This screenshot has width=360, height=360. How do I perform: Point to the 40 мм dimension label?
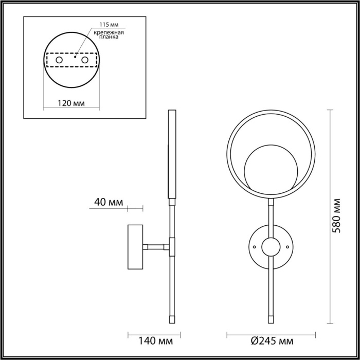pos(109,202)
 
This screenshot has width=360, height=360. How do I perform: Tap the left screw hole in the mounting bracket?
pos(60,61)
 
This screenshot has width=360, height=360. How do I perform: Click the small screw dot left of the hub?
pos(254,247)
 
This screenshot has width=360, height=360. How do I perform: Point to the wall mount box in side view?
pos(136,247)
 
